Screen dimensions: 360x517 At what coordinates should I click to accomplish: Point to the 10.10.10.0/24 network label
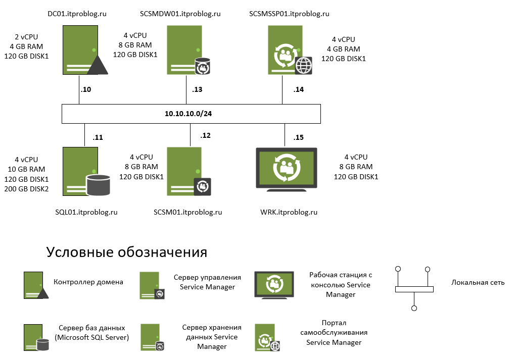point(188,114)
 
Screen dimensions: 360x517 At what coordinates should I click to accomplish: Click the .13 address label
point(197,90)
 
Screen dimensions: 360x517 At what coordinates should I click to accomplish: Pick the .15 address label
point(298,137)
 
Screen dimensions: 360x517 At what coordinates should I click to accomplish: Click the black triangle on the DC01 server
point(99,66)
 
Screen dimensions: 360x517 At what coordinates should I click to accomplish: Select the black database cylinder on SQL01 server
point(98,185)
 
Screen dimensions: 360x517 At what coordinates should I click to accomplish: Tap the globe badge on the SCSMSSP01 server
point(304,66)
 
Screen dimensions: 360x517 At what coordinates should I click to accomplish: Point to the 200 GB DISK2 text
point(27,189)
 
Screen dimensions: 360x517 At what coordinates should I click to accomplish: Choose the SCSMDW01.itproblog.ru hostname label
point(180,14)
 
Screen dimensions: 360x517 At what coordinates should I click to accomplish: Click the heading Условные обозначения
point(127,252)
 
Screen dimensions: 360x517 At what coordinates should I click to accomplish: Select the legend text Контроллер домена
point(88,282)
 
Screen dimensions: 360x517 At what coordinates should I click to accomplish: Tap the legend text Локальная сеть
point(478,282)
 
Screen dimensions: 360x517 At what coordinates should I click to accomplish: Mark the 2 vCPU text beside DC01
point(26,37)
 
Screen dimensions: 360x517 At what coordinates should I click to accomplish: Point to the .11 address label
point(98,137)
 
